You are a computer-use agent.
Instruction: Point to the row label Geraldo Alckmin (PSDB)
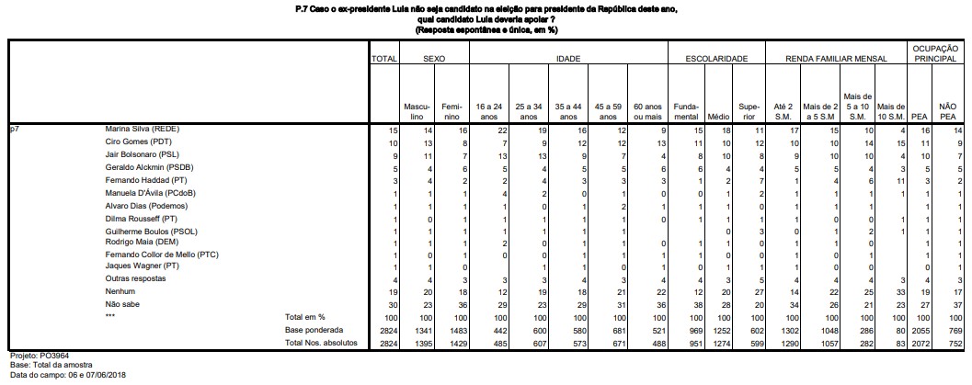point(149,168)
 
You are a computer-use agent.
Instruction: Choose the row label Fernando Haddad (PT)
point(143,181)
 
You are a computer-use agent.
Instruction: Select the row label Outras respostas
point(131,277)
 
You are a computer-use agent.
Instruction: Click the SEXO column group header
point(434,58)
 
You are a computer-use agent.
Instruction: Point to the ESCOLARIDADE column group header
point(716,58)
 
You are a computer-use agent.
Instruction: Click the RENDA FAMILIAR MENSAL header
point(836,58)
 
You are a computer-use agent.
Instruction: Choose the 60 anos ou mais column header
point(648,112)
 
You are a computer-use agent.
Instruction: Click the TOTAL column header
point(383,58)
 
